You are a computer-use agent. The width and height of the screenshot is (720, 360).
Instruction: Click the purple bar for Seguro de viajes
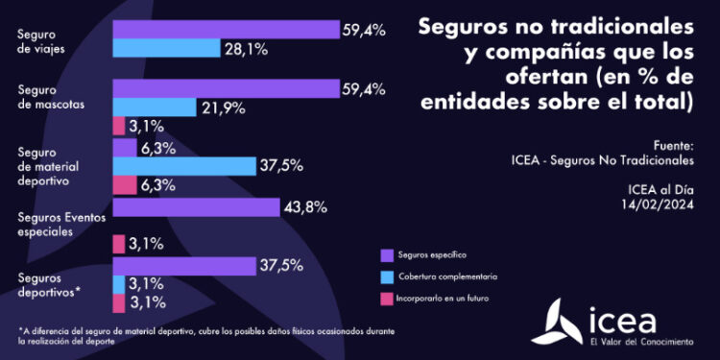point(226,30)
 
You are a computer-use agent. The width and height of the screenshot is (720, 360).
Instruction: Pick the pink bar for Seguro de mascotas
point(119,126)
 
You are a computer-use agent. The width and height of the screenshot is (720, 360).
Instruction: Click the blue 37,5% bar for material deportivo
point(184,166)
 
